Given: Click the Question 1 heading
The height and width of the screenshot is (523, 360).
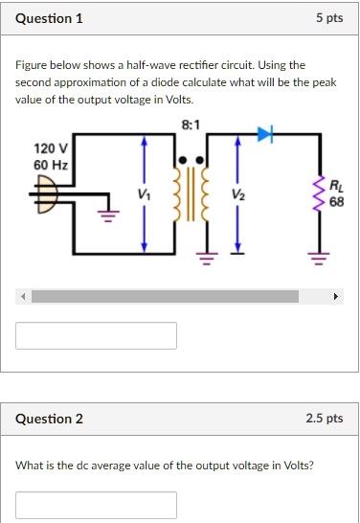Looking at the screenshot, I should click(x=49, y=18).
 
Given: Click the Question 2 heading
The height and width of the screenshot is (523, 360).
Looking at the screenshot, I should click(x=49, y=419).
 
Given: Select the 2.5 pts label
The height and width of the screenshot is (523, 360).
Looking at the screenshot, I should click(x=323, y=419).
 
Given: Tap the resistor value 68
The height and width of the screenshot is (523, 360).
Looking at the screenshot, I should click(x=336, y=202).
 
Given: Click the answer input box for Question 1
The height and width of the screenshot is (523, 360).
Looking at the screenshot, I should click(x=96, y=335).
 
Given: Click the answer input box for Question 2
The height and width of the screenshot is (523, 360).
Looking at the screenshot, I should click(x=96, y=505).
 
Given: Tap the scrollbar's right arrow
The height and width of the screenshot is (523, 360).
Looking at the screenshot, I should click(x=335, y=297).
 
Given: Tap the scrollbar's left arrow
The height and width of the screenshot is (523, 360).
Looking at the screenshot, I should click(x=23, y=297).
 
